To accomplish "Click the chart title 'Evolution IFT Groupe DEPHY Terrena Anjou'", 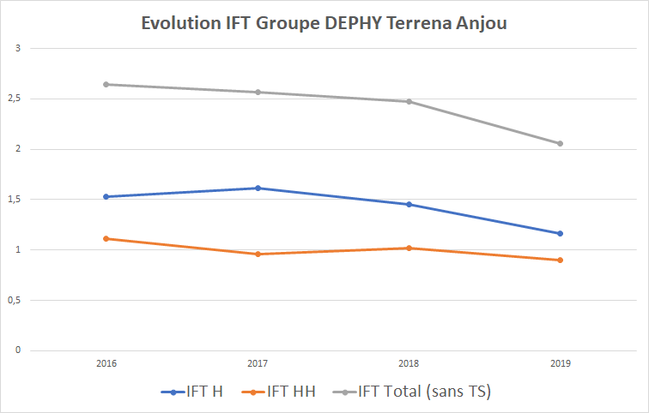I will [324, 23].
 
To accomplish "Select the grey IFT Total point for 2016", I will [106, 84].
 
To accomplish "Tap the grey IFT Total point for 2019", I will [561, 143].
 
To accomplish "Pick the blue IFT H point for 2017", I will [258, 188].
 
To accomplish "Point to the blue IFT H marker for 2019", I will [561, 233].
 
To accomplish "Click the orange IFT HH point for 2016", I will [106, 238].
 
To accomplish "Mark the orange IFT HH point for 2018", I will [409, 248].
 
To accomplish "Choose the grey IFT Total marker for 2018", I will [409, 101].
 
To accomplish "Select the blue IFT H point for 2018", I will [409, 204].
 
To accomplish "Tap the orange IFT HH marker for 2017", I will [258, 254].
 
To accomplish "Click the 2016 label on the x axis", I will [106, 363].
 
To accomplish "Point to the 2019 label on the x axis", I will [561, 363].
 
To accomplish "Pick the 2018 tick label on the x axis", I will [409, 363].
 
